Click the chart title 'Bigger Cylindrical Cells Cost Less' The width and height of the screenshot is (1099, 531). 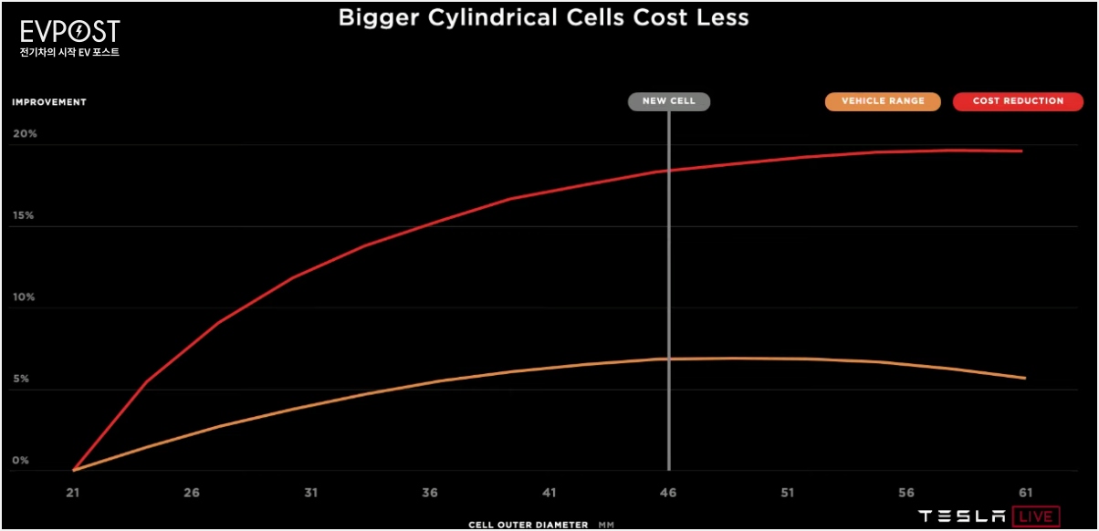[x=544, y=18]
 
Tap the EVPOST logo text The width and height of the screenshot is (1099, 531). [x=69, y=33]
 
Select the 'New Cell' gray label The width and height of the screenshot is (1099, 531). [x=668, y=101]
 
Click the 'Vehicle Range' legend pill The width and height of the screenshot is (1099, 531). [x=882, y=101]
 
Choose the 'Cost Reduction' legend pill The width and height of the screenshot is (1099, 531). [x=1018, y=101]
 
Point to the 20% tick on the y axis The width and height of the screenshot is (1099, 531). [x=25, y=134]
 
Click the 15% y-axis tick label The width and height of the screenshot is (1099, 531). [x=24, y=216]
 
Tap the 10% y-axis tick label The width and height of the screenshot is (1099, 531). [x=24, y=297]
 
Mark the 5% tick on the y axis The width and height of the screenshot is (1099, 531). [x=21, y=379]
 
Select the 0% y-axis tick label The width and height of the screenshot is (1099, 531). [x=21, y=461]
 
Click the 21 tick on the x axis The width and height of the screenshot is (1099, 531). [x=73, y=493]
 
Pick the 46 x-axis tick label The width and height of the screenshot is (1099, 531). [x=668, y=493]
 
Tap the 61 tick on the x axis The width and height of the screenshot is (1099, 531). [x=1024, y=493]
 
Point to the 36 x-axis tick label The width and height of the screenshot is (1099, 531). [x=430, y=493]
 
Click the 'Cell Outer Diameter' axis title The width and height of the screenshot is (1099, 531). [x=529, y=525]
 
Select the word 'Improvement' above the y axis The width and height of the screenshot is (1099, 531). [x=49, y=102]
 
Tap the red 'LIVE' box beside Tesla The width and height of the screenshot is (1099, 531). [x=1035, y=516]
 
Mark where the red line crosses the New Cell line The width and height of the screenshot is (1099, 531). [x=669, y=171]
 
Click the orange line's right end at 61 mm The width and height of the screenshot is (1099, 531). [x=1024, y=378]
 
